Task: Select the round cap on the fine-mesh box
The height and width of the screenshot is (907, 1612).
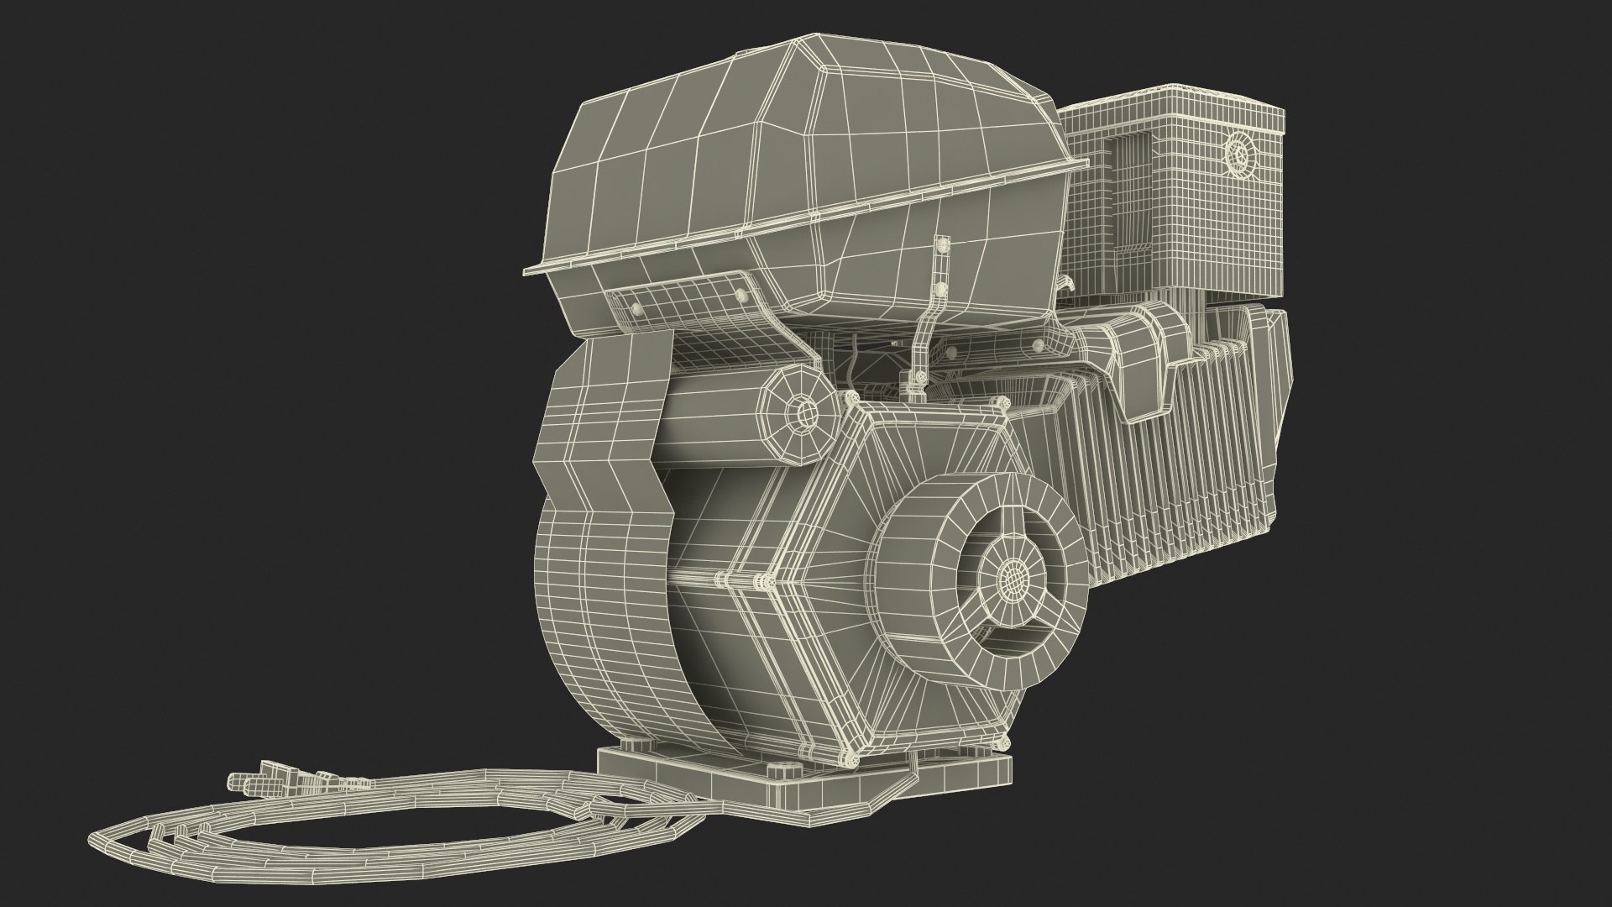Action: (1238, 155)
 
